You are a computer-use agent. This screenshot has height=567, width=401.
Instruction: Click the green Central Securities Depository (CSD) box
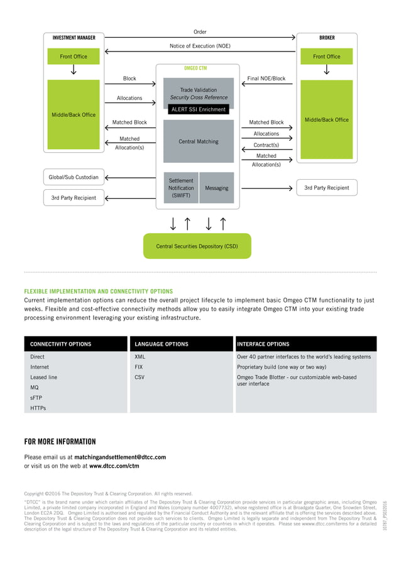pos(197,246)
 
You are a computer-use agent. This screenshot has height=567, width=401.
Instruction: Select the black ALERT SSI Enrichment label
pos(198,109)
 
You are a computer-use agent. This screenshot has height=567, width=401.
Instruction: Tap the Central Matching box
pos(198,141)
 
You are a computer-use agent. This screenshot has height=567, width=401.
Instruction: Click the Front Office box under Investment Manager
pos(74,57)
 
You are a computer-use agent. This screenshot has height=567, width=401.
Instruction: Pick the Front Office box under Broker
pos(326,57)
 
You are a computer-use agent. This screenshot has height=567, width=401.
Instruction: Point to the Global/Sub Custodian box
pos(74,177)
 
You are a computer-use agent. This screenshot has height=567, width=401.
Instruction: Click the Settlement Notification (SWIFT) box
pos(181,188)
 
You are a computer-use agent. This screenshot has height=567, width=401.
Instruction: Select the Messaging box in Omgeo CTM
pos(217,188)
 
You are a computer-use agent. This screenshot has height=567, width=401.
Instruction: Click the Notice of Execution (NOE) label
pos(200,46)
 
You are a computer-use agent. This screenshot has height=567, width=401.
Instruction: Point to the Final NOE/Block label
pos(266,79)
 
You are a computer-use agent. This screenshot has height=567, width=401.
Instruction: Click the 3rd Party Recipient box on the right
pos(326,187)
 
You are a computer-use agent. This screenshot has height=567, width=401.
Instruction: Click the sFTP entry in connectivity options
pos(36,398)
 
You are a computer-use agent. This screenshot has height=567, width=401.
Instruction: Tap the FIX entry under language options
pos(139,367)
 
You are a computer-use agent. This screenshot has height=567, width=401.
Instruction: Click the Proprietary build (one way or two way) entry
pos(282,367)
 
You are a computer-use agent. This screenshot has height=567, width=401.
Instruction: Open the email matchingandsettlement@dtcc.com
pos(120,457)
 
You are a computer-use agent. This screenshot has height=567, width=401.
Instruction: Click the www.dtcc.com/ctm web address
pos(114,466)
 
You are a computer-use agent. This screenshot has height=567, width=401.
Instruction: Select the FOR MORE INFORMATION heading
pos(60,441)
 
